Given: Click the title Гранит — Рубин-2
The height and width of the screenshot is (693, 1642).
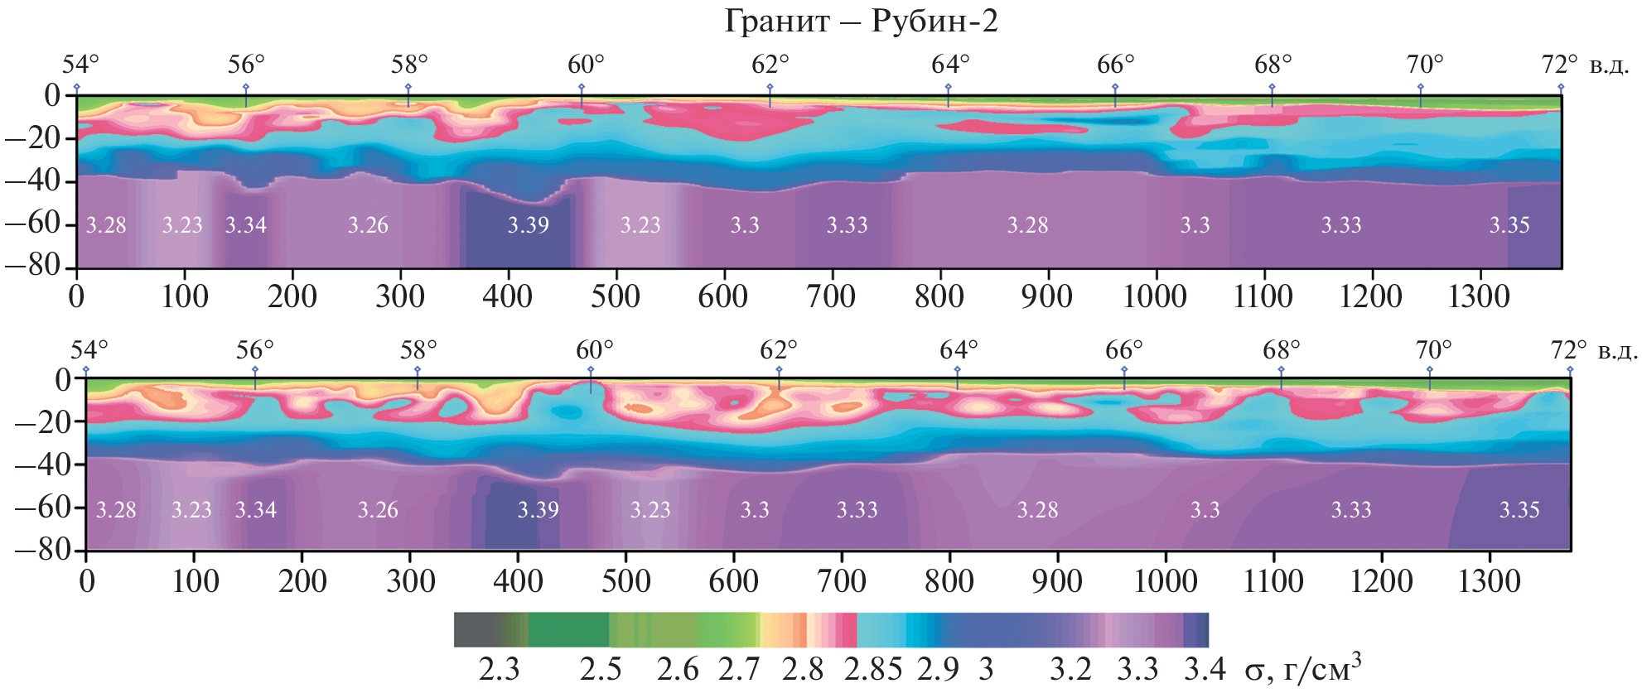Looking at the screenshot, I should pos(861,21).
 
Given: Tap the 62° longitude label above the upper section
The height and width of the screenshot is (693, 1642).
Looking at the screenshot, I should pos(770,65).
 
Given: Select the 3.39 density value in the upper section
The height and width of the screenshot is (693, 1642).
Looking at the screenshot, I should pos(528,225).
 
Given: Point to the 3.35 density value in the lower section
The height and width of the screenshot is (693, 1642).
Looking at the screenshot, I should pos(1519,510).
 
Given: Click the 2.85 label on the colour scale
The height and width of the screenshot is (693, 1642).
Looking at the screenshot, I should pos(872,669).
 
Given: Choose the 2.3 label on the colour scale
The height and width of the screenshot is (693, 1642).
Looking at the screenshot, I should pos(499,669).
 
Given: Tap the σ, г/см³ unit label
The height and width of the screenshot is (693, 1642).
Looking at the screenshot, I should pos(1302,667).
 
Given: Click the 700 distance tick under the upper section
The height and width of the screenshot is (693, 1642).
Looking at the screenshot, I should pos(831,296).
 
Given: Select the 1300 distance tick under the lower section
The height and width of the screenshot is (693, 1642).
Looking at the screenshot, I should pos(1489,581).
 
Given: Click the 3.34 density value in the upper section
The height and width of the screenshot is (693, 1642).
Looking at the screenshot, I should pos(246,225).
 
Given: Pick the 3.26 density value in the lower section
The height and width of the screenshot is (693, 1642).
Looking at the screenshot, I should pos(378,510).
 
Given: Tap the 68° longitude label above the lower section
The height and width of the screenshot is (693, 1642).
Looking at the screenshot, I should pos(1281,350).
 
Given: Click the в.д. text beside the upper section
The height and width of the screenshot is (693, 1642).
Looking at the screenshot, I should pos(1609,65).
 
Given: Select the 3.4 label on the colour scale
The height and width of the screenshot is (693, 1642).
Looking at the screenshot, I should pos(1205,669).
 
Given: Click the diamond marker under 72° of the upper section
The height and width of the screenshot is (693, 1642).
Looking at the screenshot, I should pos(1561,87).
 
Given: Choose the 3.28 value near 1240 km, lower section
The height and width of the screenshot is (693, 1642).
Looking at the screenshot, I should pos(1037,510).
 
